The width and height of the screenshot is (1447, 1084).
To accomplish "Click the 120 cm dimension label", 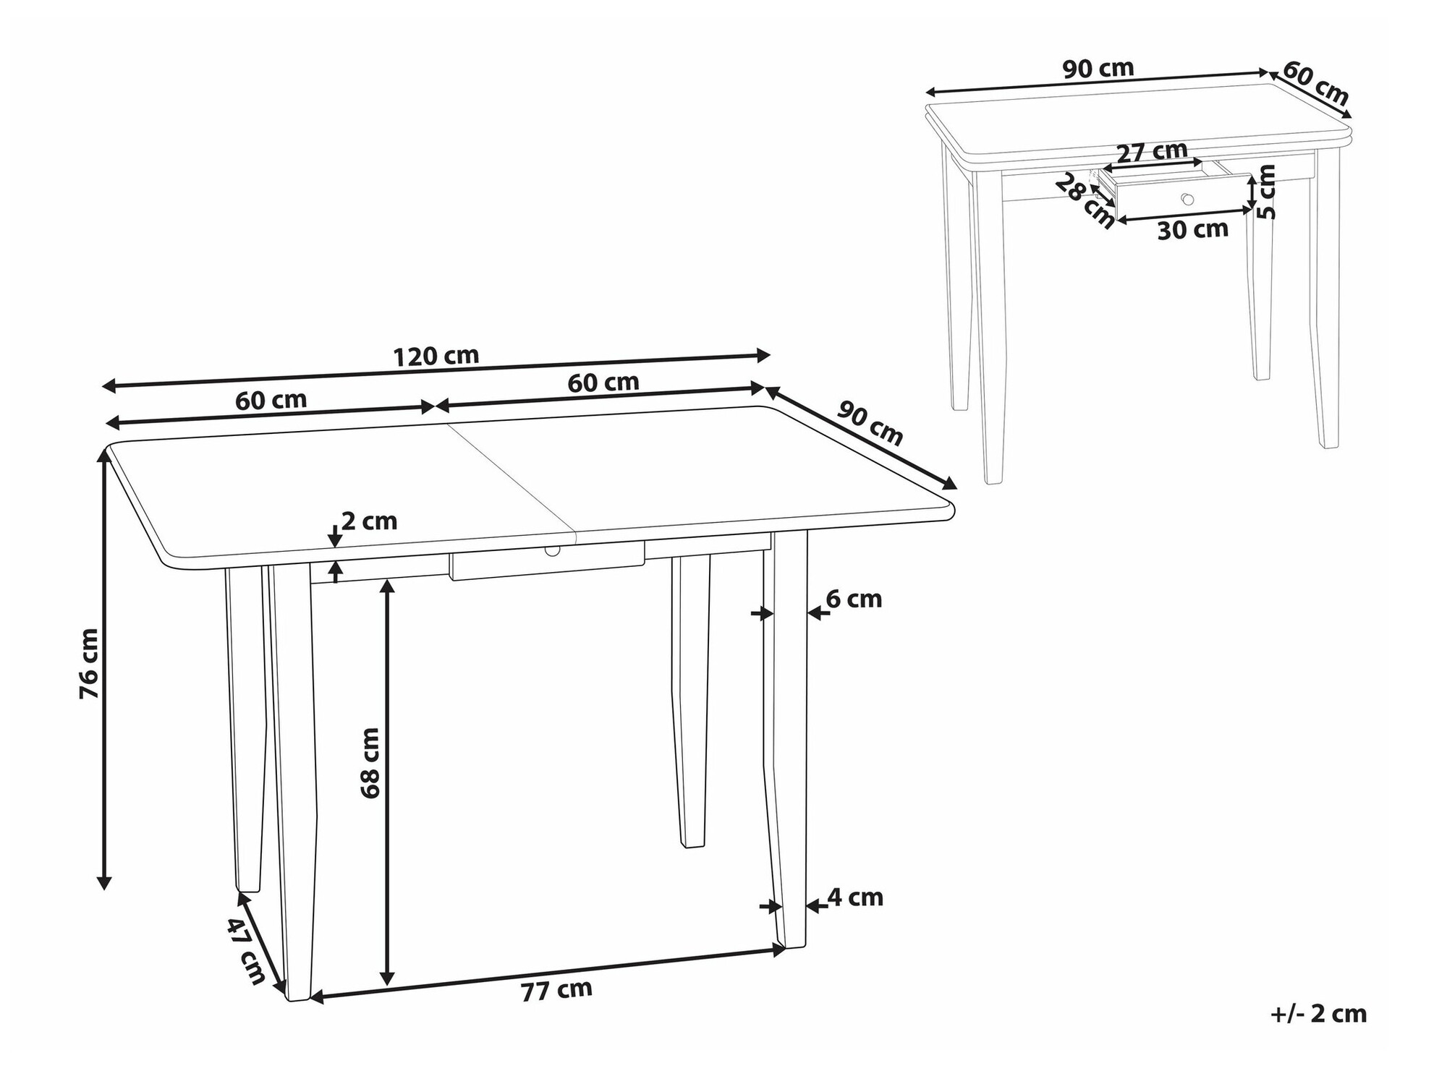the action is pos(436,356).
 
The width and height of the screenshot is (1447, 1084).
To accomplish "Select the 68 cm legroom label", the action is pos(370,763).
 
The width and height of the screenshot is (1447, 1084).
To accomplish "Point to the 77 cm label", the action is pos(556,990).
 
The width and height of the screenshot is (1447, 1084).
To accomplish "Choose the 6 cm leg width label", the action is pos(854,599).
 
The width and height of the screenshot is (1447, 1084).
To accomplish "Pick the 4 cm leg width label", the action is pos(855,897).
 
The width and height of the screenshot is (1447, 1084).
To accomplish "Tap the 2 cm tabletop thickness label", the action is pos(369,521).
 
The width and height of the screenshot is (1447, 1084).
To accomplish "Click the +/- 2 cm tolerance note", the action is pos(1318,1013).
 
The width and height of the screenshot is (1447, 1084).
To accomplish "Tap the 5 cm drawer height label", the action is pos(1267,192).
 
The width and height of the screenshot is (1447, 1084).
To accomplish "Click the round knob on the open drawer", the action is pos(1187,198).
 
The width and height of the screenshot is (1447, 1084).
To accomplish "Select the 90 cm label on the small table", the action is pos(1098,69).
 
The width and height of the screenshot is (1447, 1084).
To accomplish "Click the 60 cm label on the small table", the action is pos(1316,83).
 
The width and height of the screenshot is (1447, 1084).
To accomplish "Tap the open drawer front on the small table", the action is pos(1184,197).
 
